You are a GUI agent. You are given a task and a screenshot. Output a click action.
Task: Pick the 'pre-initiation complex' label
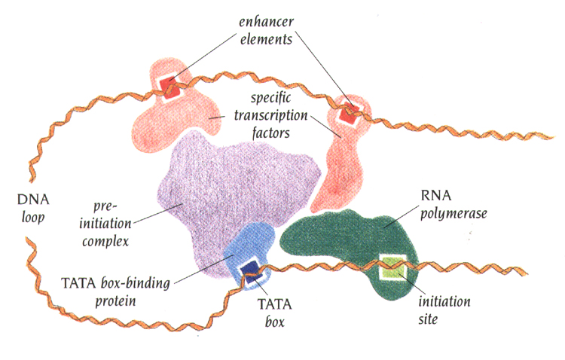pos(109,221)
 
